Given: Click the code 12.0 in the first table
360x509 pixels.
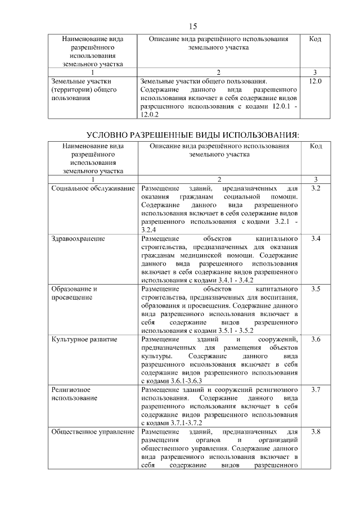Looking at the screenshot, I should (316, 82).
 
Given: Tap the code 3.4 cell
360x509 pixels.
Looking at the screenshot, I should (316, 238).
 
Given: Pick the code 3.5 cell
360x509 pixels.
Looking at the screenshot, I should (316, 289).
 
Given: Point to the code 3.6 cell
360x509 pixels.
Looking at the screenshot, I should (316, 340).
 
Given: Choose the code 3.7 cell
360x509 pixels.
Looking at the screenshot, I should (316, 390).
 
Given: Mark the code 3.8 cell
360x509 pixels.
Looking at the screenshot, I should (316, 432).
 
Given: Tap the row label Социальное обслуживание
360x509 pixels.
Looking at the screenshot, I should (93, 187).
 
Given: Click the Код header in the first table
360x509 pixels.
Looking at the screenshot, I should (316, 39).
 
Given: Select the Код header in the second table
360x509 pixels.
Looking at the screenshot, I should (316, 146).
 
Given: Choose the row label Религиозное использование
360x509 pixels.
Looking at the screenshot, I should (73, 394).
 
